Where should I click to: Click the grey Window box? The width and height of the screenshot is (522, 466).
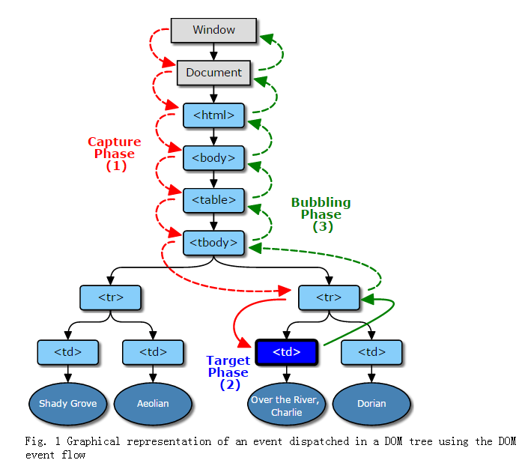(213, 30)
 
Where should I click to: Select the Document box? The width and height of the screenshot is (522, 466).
(213, 73)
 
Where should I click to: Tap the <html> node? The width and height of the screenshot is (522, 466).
(213, 115)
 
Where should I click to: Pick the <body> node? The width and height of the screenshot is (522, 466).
(213, 158)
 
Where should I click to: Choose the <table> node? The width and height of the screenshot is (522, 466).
(213, 200)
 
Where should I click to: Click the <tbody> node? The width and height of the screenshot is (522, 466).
(213, 242)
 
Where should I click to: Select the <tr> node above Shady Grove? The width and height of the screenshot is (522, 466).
(111, 297)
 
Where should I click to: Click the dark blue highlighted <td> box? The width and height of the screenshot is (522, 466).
(287, 351)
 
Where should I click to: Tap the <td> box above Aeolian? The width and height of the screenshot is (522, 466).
(153, 351)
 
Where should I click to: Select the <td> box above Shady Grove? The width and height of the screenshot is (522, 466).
(68, 351)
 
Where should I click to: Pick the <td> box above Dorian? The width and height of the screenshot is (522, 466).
(371, 351)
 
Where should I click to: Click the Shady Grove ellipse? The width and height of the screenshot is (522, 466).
(68, 403)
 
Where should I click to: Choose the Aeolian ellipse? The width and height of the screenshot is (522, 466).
(153, 403)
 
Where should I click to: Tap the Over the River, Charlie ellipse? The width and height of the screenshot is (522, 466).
(287, 406)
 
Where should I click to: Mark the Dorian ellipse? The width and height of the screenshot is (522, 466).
(371, 403)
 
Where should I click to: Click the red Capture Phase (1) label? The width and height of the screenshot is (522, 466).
(115, 154)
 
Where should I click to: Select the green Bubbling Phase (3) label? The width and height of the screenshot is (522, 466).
(321, 214)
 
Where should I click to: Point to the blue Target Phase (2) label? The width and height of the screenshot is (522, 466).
(229, 372)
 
